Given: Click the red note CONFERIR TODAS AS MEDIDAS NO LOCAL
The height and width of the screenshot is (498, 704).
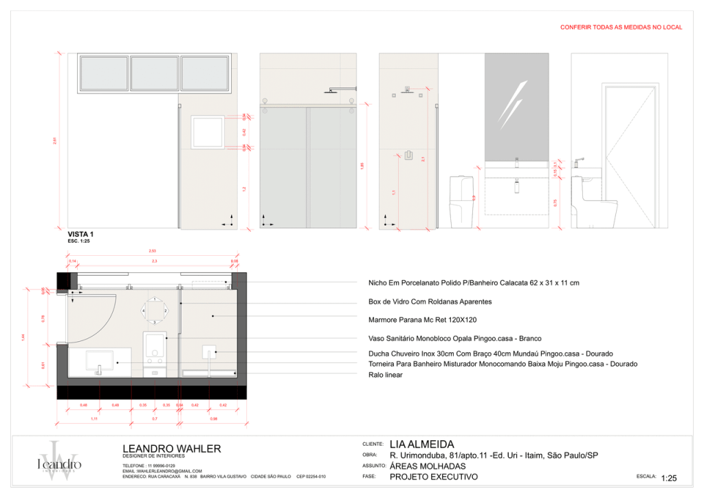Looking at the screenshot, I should [621, 27].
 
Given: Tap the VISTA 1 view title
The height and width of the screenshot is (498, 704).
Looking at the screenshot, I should [80, 235].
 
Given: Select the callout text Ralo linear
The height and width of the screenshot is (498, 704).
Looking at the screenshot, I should [386, 375].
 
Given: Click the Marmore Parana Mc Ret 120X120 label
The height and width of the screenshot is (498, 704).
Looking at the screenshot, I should [423, 320].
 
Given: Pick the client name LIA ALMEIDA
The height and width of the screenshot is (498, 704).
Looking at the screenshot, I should [421, 444].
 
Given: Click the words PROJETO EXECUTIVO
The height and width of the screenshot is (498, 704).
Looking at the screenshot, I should [433, 477].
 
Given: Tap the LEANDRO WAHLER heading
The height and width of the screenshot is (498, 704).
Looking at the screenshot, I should [172, 449].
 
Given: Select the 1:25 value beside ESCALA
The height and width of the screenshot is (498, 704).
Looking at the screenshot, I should [669, 478].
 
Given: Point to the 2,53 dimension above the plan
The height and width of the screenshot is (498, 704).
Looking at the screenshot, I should [152, 251].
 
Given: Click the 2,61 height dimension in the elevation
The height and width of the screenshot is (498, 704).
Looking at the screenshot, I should [55, 141].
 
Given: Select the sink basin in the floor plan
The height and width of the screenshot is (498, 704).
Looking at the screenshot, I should [99, 360].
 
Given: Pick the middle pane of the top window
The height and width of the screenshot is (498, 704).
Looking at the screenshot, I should [155, 74].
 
